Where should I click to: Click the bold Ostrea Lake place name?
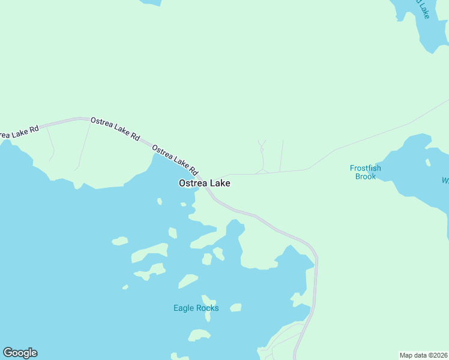coord(204,184)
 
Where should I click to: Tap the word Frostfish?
coord(366,168)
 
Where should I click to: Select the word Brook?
coord(366,176)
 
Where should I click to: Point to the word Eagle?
coord(184,308)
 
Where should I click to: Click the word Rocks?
coord(208,308)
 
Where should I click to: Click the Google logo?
coord(20,353)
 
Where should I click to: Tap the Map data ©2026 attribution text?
coord(424,355)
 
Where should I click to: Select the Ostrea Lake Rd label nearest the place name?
coord(175,158)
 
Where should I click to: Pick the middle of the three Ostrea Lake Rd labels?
coord(115,129)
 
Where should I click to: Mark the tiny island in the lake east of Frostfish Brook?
coord(428,162)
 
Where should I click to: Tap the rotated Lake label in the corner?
coord(424,7)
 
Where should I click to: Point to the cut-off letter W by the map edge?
coord(445,181)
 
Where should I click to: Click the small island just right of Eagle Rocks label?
coord(236,308)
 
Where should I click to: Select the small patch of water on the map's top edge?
coord(150,2)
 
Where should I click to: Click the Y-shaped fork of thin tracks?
coord(262,147)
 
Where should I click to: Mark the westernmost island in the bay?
coord(120,241)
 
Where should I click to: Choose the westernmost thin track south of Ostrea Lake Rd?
coord(50,144)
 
